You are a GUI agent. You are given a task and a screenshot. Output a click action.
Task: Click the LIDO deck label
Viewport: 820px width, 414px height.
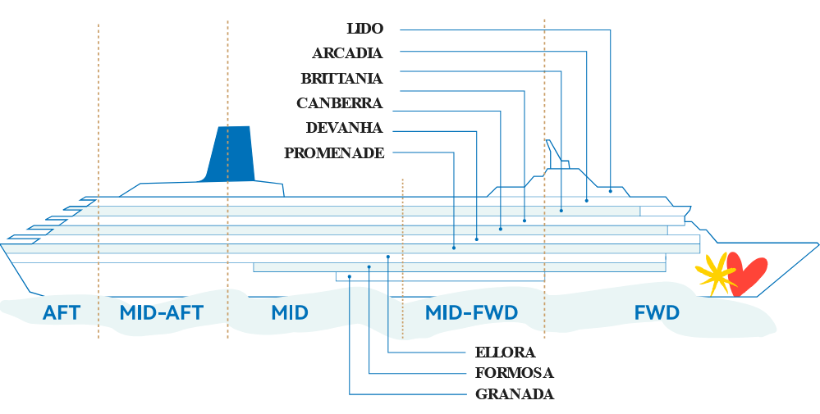point(364,29)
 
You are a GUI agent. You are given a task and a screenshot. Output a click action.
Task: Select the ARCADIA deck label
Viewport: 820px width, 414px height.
point(347,54)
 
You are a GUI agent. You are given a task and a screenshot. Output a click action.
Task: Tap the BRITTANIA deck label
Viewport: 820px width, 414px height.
point(341,79)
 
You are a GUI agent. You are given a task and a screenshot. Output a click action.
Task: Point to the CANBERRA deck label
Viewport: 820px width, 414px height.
point(339,103)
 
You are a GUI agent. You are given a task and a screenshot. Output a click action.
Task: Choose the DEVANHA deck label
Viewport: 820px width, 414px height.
point(344,128)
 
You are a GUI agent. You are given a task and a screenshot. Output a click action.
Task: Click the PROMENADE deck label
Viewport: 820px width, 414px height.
point(333,153)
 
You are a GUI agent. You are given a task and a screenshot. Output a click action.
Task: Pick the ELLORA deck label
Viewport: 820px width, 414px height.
point(505,353)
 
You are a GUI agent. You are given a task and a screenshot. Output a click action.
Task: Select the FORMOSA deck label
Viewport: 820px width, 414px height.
point(514,374)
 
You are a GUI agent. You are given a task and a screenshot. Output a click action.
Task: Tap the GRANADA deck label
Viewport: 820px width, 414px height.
point(515,394)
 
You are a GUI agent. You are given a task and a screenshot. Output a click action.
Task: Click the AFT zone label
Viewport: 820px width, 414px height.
point(62,312)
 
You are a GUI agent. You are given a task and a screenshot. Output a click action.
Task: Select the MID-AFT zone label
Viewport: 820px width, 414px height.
point(161,312)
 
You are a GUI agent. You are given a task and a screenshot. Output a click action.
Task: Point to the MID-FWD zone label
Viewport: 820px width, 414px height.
point(471,312)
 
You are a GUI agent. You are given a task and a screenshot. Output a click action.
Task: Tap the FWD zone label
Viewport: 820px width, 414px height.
point(657,312)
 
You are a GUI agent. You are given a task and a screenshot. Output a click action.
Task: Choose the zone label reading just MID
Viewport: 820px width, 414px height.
point(289,312)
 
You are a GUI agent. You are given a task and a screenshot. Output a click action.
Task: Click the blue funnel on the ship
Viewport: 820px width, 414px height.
point(231,153)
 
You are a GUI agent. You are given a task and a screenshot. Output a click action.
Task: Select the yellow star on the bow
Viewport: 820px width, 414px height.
point(716,274)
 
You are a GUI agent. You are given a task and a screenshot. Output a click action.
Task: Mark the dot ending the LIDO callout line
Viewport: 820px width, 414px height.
point(611,191)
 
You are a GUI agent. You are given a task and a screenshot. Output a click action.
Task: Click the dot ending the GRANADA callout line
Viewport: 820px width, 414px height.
point(350,277)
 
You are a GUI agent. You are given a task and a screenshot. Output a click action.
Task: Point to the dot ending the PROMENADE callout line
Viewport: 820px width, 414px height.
point(454,248)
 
